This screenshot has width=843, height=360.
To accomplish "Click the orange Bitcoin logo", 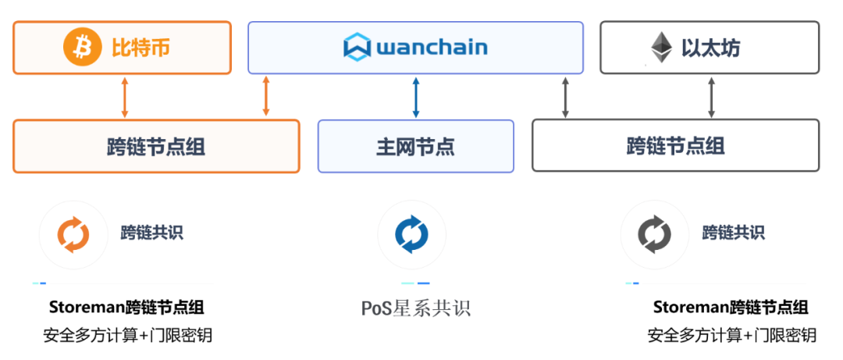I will pos(82,48).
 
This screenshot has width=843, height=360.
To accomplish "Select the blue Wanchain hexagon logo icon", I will pos(357,48).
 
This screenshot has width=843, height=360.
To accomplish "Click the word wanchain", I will pos(432,48).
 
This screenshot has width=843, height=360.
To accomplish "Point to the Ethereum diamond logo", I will pos(661,48).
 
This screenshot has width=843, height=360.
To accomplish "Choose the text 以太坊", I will pos(710,48).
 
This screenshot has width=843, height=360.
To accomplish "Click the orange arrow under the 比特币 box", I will pos(124,97).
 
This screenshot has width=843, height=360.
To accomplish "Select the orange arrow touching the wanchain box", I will pos(266,97).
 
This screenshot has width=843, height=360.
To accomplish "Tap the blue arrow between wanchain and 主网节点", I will pos(415,97).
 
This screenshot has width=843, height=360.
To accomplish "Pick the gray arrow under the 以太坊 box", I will pos(710,97).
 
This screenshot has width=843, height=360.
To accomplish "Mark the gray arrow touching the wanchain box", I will pos(566,97).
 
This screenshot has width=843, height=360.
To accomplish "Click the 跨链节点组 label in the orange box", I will pos(156,146).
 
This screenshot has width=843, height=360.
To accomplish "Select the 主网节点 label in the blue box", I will pos(415,146).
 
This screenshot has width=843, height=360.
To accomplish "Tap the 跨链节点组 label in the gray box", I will pos(675,146).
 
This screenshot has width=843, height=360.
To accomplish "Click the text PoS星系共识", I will pos(415,308).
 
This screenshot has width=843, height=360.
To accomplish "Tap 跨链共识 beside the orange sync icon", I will pos(151,233).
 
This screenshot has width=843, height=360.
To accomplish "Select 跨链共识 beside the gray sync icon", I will pos(733,233).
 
